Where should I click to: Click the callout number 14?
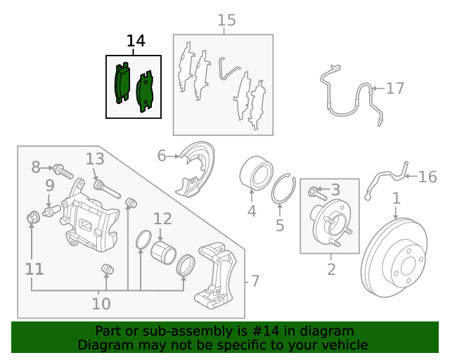tap(136, 41)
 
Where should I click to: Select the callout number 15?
tap(226, 20)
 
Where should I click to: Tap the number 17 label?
tap(395, 89)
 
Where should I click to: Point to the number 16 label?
tap(427, 176)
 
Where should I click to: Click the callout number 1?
tap(396, 198)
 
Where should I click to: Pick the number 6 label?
tap(162, 155)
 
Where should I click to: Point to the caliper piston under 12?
tap(163, 254)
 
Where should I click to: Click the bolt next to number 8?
tap(63, 169)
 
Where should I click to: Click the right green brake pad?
tap(146, 91)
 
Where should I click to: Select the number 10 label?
tap(101, 304)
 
